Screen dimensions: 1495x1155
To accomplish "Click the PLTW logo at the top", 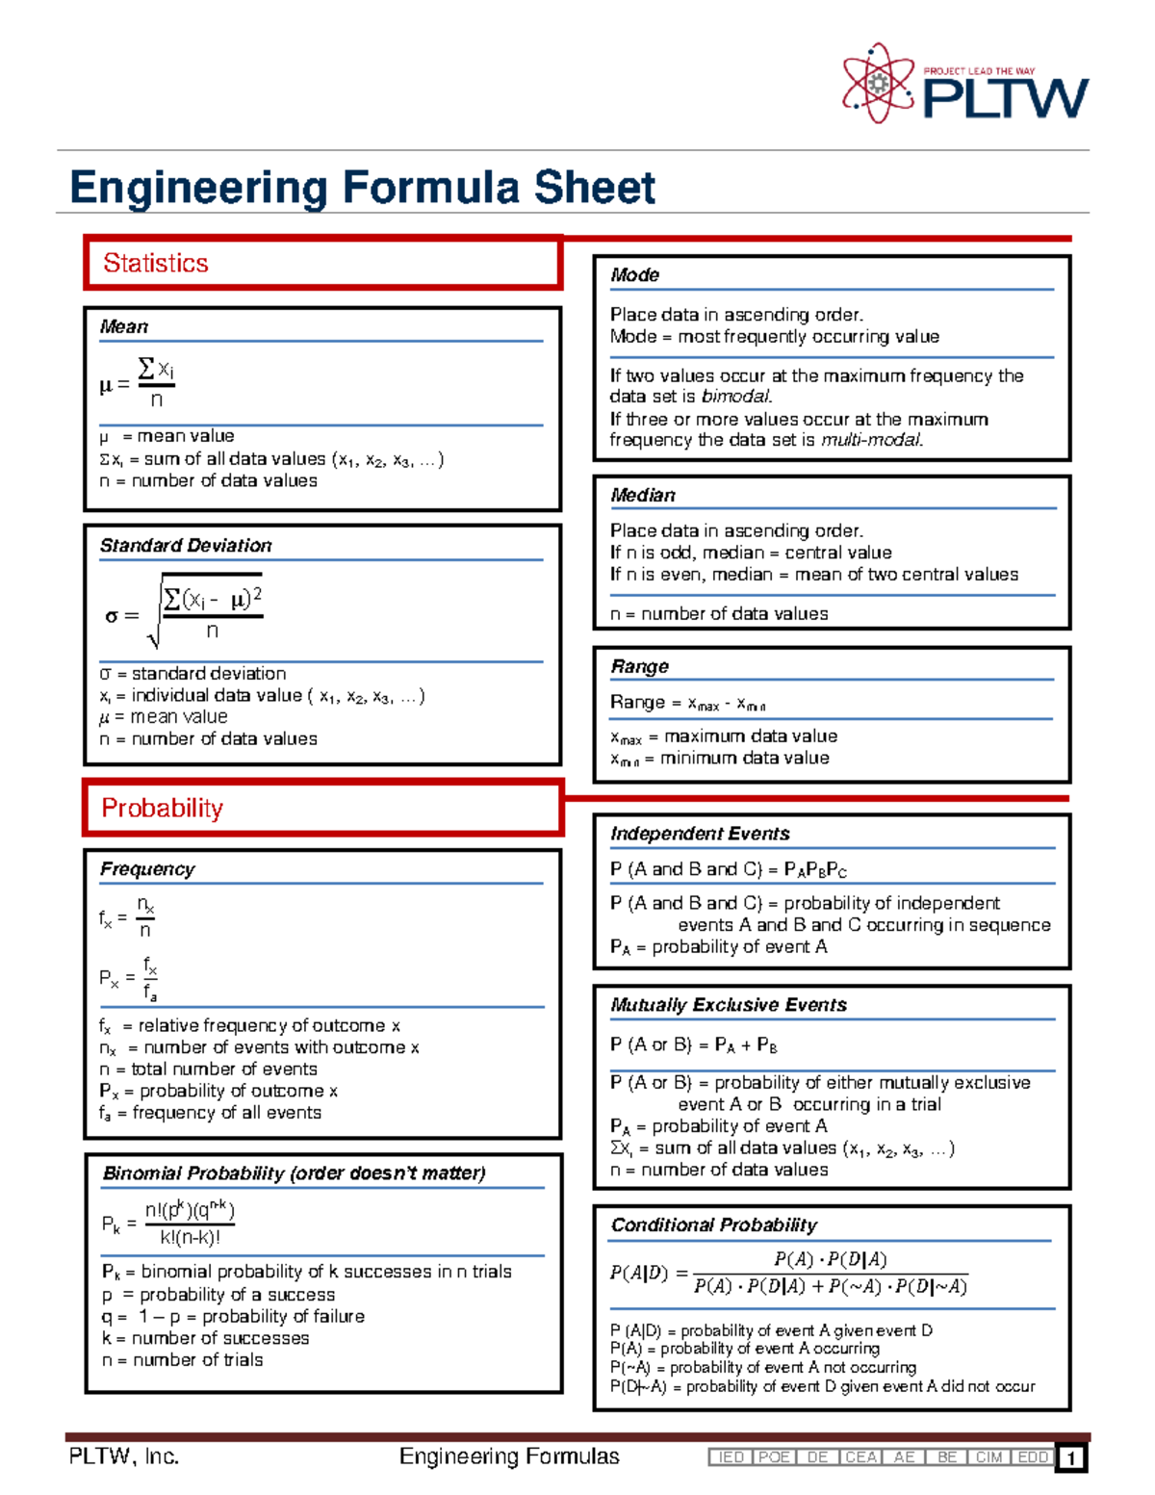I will click(965, 85).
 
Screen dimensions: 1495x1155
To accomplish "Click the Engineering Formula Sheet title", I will click(363, 187).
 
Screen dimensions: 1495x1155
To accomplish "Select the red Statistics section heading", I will click(156, 263).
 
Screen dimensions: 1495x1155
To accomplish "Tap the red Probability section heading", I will click(163, 808).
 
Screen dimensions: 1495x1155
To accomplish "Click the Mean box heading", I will click(124, 327).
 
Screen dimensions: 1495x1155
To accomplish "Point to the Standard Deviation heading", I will click(186, 546).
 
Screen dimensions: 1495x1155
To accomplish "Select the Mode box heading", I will click(634, 275).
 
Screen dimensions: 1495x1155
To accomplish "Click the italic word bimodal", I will click(736, 397).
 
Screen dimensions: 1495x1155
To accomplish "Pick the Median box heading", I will click(643, 495).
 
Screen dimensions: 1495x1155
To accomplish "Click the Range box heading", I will click(639, 666).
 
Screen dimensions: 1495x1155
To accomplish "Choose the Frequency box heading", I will click(147, 869).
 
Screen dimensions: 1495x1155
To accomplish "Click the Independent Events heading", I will click(700, 834).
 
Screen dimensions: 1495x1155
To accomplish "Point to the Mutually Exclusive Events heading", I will click(729, 1005).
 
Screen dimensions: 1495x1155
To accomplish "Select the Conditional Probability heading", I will click(713, 1224).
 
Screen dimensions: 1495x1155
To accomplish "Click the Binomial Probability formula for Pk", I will click(169, 1224).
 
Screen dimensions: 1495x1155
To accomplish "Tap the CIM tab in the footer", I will click(988, 1457).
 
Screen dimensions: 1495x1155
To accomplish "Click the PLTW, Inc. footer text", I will click(124, 1456).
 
